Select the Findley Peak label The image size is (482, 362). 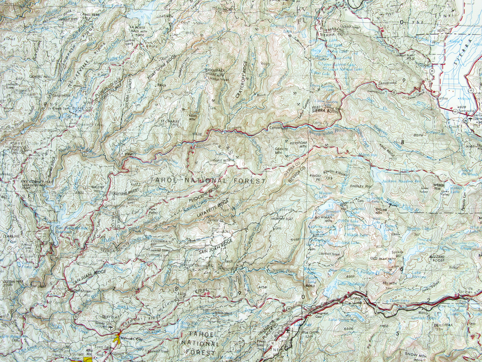pos(361,186)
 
